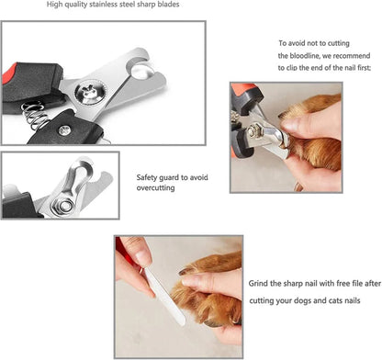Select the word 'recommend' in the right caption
tap(345, 57)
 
